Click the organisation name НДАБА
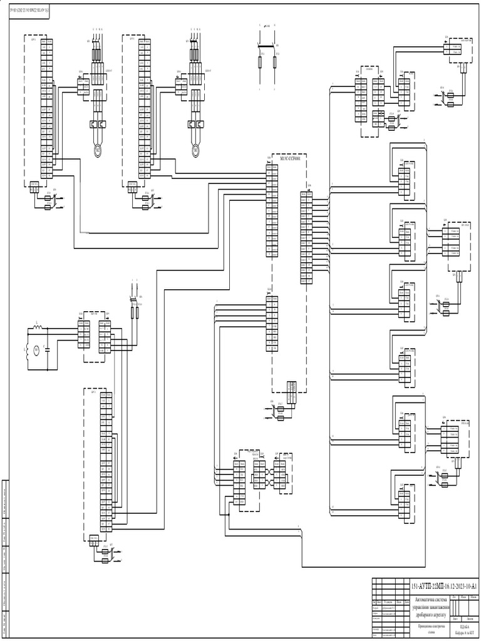[x=464, y=626]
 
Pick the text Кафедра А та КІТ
[x=464, y=633]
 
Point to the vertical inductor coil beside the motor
[x=26, y=348]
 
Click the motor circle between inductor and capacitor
[x=36, y=349]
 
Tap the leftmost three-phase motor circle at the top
[x=98, y=149]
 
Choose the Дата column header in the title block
[x=407, y=603]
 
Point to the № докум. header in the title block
[x=388, y=603]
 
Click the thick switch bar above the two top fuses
[x=268, y=45]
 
